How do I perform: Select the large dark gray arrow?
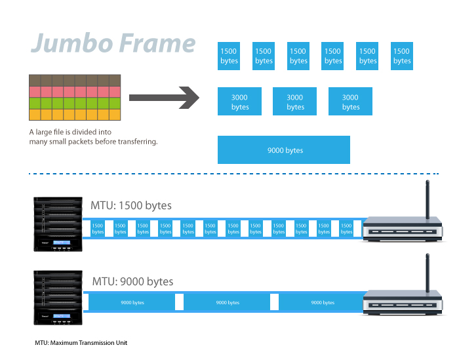(164, 98)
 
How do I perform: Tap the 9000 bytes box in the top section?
(284, 150)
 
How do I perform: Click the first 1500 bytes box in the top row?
(229, 56)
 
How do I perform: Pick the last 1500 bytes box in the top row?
(402, 56)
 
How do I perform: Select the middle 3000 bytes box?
(295, 102)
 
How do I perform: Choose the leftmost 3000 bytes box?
(240, 102)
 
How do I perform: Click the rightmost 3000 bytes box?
(350, 102)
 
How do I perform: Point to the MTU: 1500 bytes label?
(131, 206)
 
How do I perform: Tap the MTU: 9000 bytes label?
(132, 282)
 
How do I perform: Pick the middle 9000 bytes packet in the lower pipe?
(228, 303)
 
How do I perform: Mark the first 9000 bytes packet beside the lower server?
(132, 303)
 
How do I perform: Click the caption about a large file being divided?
(93, 137)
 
